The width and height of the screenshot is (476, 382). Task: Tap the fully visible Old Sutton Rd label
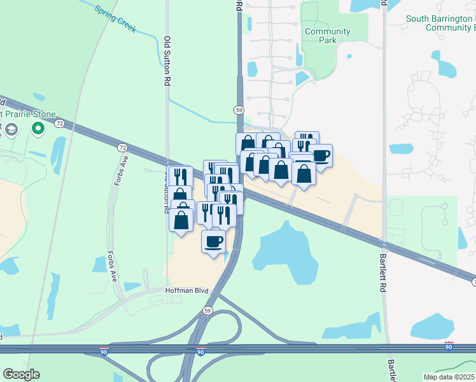point(168,60)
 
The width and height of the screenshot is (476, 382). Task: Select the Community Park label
point(327,36)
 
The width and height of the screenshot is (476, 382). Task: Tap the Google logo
point(21,374)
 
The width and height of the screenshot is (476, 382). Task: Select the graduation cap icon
point(11,131)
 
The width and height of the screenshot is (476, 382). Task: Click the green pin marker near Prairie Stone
point(38,129)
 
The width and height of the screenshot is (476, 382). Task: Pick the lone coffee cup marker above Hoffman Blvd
point(214,242)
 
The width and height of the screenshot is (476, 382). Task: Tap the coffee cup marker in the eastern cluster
point(321,156)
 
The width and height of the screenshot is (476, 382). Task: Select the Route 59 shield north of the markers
point(239,110)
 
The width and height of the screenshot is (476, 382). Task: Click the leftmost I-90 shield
point(104,351)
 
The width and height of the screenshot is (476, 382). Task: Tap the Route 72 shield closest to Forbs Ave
point(122,147)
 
